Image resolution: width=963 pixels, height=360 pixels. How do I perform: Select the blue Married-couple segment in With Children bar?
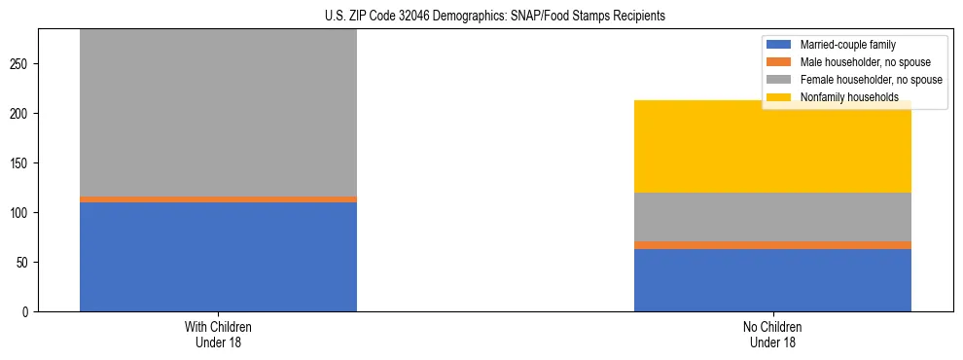(x=218, y=257)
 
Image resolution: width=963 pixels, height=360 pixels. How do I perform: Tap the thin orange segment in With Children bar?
(x=218, y=199)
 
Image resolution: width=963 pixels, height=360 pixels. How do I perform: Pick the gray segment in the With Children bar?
(x=218, y=112)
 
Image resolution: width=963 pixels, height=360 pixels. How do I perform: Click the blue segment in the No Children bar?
(x=772, y=280)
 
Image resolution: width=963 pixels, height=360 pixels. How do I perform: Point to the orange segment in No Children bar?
(x=772, y=245)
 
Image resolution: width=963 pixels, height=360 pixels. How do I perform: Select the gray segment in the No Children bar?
(x=772, y=217)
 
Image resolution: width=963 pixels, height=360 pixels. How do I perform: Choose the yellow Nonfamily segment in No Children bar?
(x=772, y=146)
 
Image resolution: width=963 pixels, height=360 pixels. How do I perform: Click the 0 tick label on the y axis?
(x=25, y=312)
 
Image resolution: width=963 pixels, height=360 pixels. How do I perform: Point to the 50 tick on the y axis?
(x=22, y=263)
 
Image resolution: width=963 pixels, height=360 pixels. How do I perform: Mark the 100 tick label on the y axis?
(x=19, y=213)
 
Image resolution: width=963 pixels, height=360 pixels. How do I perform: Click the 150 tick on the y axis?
(x=19, y=163)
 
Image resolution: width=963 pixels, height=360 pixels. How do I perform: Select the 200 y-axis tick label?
(x=19, y=114)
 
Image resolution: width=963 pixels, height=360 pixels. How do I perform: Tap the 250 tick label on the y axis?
(x=19, y=64)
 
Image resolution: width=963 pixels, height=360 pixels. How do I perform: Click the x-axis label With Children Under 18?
(x=218, y=335)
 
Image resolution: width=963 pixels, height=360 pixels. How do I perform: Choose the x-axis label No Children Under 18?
(x=772, y=335)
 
